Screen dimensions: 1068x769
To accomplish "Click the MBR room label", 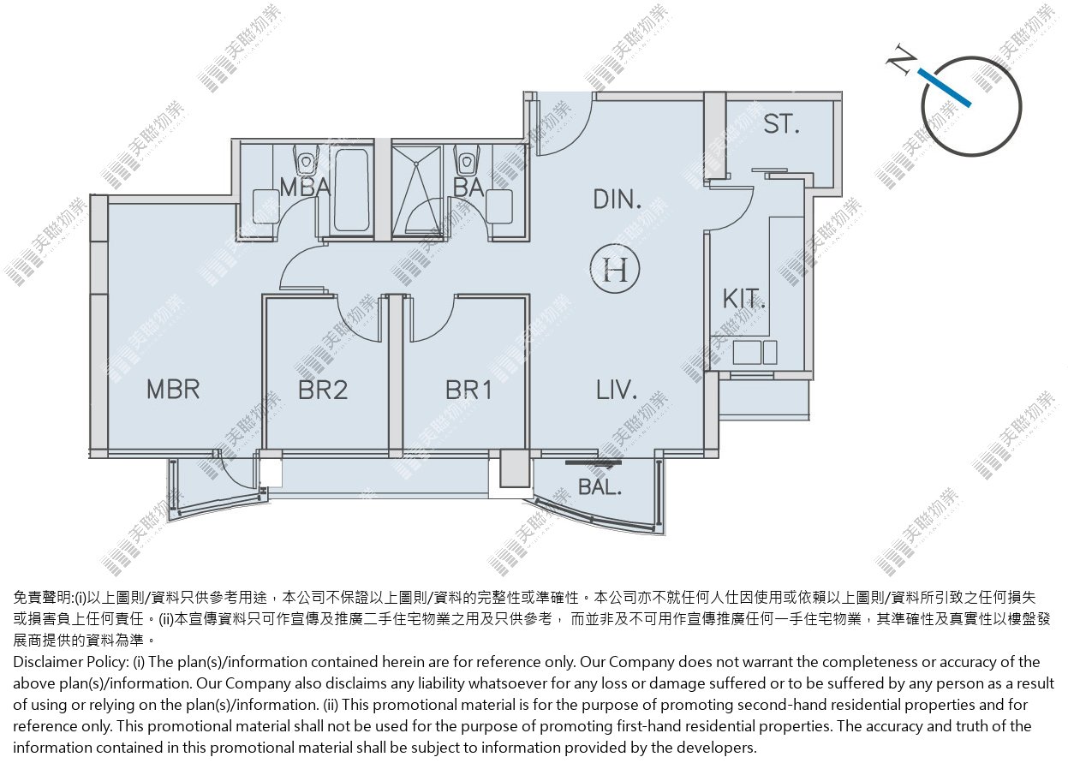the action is (173, 389).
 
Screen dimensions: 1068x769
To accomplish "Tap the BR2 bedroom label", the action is (323, 390).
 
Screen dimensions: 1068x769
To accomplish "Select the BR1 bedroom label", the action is (468, 390).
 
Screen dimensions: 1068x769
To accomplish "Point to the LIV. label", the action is (617, 390).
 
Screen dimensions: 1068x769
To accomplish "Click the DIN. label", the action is (617, 200).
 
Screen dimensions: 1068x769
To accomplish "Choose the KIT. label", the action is (743, 299).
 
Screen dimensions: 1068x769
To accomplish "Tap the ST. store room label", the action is (781, 124).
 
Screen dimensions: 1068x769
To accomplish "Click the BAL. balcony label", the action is (600, 486).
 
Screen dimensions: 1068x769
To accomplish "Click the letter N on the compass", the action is (901, 59).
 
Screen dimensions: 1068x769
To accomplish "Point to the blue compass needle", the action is (944, 87).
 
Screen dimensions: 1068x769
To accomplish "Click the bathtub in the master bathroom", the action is (351, 190).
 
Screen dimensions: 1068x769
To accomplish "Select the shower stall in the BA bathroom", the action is (416, 191).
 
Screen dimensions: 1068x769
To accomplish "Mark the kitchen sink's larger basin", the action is (747, 352).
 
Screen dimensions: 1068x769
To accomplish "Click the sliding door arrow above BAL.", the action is (594, 462).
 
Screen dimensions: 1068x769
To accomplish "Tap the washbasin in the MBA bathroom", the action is (266, 206).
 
